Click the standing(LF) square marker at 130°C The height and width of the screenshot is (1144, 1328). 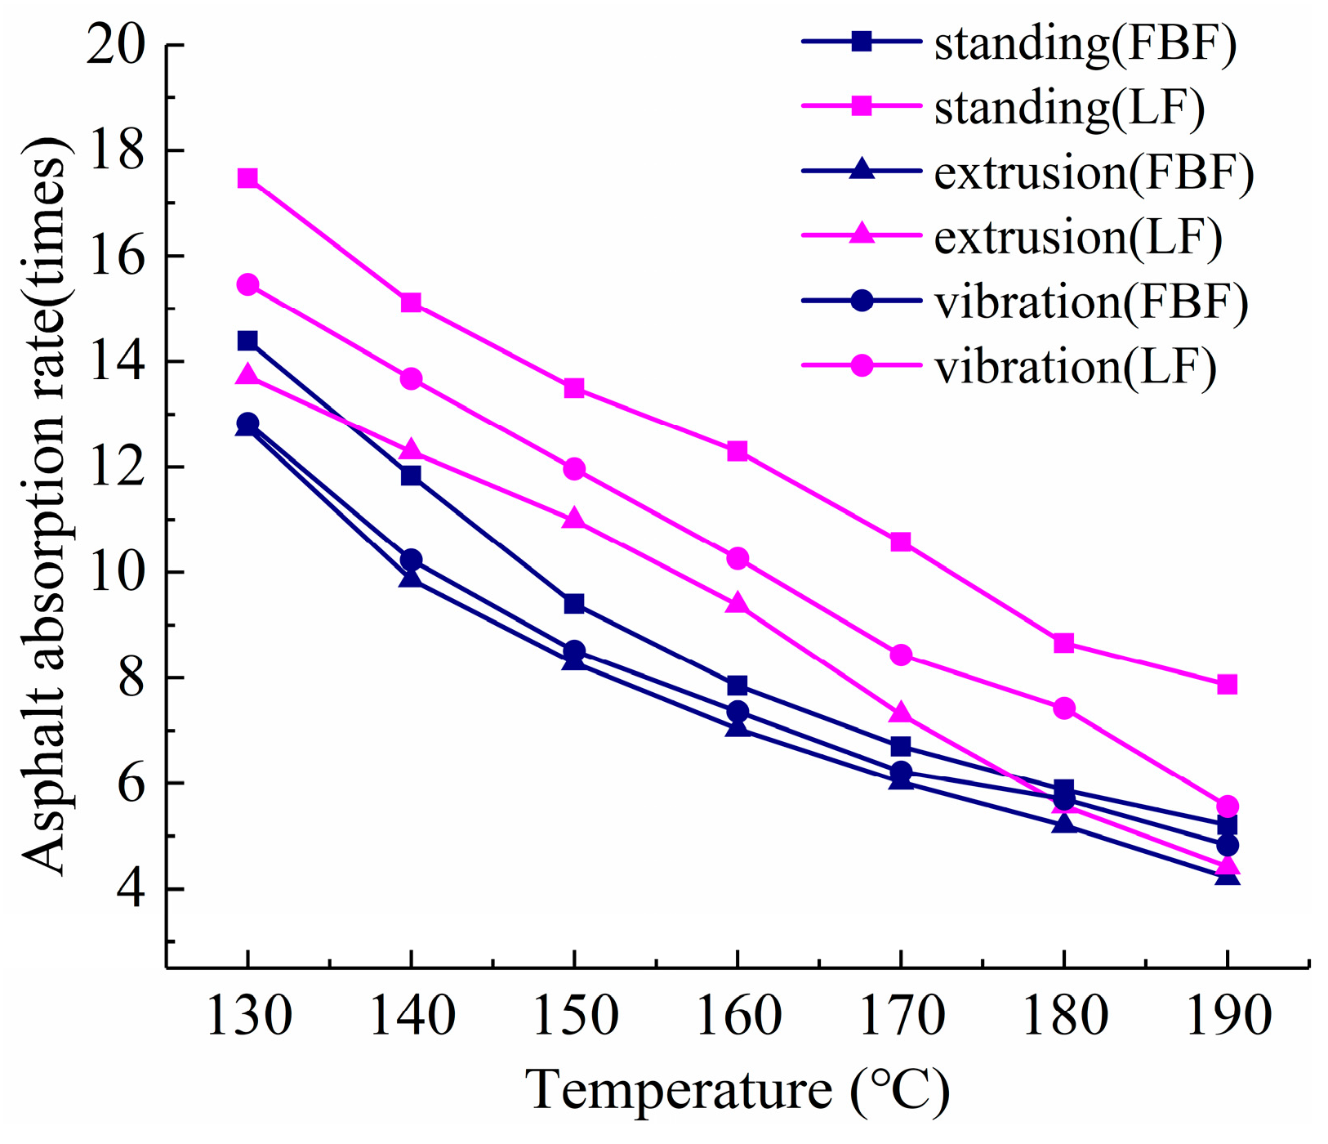tap(247, 178)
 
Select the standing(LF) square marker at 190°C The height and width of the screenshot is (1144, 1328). tap(1227, 684)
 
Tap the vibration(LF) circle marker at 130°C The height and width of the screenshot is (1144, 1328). tap(247, 284)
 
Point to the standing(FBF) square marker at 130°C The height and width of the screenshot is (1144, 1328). tap(247, 340)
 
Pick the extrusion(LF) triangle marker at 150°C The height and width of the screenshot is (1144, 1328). tap(574, 519)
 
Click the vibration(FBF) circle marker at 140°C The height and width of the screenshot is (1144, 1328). tap(411, 560)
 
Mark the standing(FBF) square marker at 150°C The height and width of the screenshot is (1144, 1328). tap(574, 604)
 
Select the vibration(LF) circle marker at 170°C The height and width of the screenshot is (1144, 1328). tap(901, 655)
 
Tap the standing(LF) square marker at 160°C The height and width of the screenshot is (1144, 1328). tap(738, 451)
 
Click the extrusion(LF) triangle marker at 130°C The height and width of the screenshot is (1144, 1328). tap(247, 376)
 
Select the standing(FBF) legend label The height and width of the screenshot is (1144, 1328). tap(1085, 42)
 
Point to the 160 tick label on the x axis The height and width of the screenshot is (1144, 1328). tap(738, 1016)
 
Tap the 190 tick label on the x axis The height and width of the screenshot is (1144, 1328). tap(1227, 1016)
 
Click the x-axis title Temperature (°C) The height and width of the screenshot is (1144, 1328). tap(738, 1091)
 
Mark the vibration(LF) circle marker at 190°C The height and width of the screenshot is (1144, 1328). tap(1227, 806)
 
